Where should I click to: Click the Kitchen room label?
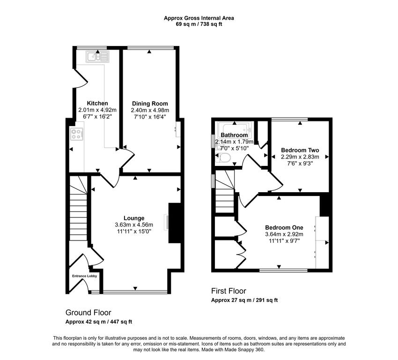97,103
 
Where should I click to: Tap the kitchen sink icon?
97,57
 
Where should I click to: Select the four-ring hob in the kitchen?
76,135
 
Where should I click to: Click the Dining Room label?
150,104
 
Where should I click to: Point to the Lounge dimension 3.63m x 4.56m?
134,225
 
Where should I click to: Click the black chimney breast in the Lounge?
174,223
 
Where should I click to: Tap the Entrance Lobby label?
84,276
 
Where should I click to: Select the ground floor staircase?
79,211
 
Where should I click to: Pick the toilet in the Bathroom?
223,158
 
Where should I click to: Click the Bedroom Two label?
300,150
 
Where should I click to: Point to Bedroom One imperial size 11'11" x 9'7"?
284,241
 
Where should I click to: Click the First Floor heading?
228,291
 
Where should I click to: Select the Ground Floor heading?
88,313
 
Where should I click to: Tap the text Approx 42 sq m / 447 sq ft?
98,322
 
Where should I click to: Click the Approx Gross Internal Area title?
199,18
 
